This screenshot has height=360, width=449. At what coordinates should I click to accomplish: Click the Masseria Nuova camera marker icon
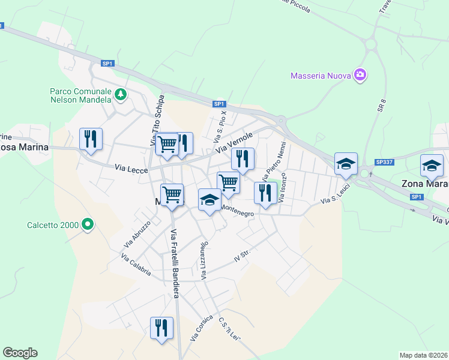pos(360,75)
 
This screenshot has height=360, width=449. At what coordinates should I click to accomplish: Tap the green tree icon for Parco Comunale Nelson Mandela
pos(121,94)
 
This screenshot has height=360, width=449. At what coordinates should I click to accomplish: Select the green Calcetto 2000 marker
pos(88,225)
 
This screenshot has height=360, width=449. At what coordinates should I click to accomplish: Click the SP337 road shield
pos(384,162)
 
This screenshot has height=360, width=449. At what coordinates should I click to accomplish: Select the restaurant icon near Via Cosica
pos(161,328)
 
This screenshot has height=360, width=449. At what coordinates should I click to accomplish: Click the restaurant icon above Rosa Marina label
pos(91,139)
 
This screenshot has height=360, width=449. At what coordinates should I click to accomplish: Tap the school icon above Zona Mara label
pos(432,165)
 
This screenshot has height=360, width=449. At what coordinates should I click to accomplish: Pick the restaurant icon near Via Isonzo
pos(265,193)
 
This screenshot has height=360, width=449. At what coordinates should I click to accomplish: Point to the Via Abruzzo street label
pos(137,234)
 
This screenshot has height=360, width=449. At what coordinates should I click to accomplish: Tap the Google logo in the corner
pos(20,353)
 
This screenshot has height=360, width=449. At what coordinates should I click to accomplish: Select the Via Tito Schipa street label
pos(158,120)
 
